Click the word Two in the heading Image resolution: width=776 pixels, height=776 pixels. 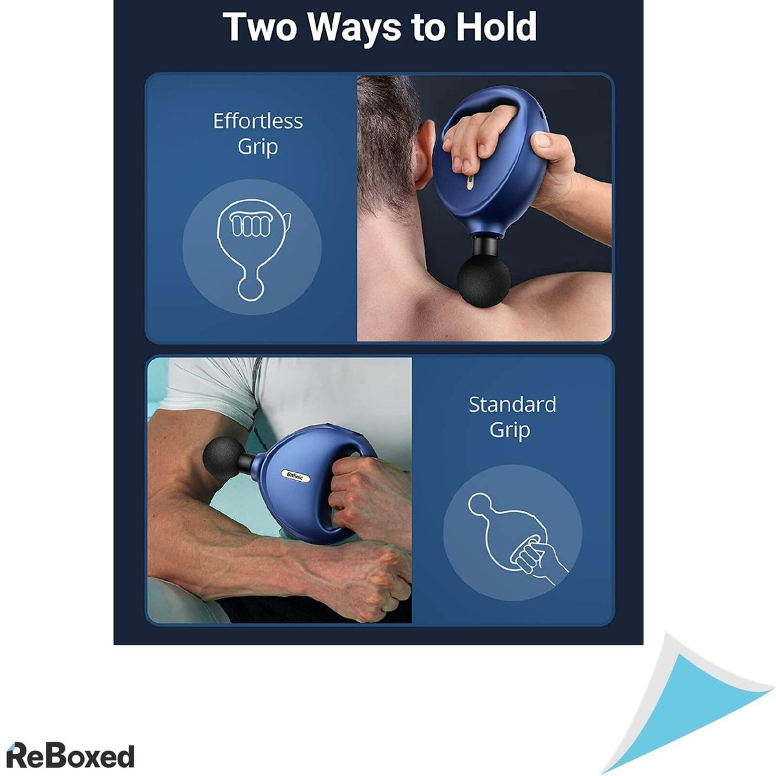(x=260, y=27)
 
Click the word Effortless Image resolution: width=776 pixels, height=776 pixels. (x=258, y=121)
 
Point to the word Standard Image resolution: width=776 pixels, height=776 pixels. (x=512, y=404)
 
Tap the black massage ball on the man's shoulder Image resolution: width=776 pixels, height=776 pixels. (x=483, y=283)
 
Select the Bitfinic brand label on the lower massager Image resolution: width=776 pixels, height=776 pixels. (x=295, y=475)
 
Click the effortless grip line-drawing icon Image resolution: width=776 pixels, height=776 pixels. (x=252, y=250)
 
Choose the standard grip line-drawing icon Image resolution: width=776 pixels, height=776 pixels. (x=518, y=539)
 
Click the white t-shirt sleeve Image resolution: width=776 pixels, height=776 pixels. (x=210, y=387)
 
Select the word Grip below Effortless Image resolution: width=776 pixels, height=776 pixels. (x=258, y=147)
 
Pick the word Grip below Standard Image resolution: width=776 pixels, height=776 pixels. (x=510, y=431)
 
